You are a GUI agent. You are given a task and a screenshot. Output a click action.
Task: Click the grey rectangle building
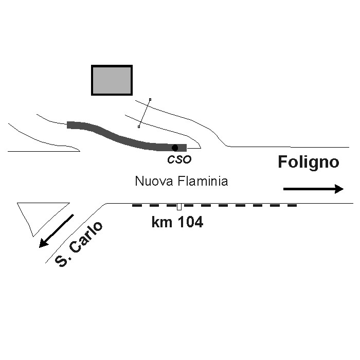point(112,80)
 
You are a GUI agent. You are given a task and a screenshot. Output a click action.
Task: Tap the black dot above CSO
point(175,148)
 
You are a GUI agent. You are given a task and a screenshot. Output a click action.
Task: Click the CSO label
point(179,159)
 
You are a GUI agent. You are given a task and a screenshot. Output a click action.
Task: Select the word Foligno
point(309,163)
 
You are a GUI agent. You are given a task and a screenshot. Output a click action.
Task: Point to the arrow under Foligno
point(313,189)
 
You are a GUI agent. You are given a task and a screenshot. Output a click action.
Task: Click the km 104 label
point(177,223)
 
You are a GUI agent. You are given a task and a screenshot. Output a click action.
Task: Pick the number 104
point(189,223)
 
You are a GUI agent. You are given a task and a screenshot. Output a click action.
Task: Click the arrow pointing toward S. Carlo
point(57,231)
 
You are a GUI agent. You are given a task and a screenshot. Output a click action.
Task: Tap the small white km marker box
point(179,207)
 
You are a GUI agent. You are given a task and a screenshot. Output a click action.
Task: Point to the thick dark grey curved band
point(118,136)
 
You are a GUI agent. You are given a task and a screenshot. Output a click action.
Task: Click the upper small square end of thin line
point(150,99)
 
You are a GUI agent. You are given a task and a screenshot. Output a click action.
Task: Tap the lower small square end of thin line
point(139,126)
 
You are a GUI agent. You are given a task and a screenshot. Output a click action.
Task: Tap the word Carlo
point(87,237)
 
